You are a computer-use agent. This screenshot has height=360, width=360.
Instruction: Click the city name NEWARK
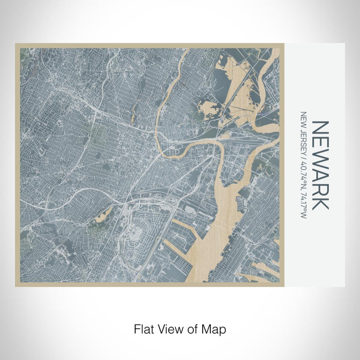coord(320,165)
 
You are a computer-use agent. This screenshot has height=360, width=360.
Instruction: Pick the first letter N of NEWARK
coord(320,127)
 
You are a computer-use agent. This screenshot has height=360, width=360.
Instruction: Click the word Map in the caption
coord(215,328)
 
